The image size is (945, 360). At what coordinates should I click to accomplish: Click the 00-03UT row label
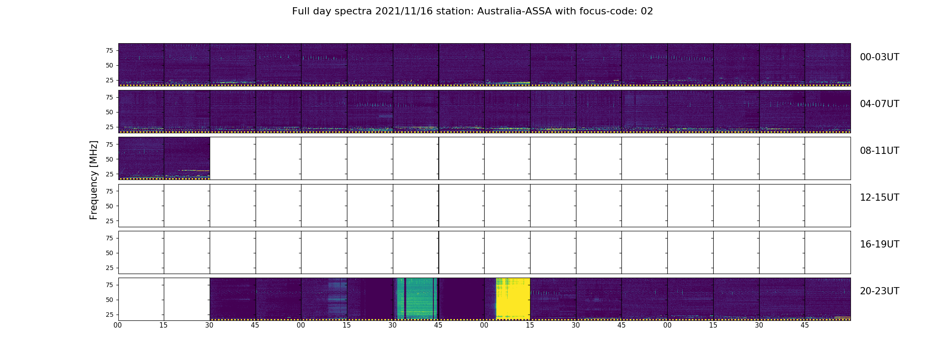pos(879,57)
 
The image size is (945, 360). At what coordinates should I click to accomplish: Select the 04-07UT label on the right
pos(879,104)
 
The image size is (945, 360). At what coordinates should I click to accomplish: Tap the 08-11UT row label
pos(879,151)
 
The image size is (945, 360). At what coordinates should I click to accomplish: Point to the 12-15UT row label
pos(879,198)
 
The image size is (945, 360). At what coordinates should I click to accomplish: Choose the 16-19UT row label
pos(879,244)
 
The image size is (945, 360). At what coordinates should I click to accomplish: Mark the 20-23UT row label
pos(879,291)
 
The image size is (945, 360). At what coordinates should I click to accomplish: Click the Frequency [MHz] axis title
pos(94,180)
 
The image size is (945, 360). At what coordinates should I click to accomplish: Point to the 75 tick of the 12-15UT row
pos(109,191)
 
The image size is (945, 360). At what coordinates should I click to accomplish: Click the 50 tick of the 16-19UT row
pos(109,253)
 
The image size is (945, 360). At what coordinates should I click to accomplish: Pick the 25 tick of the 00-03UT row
pos(109,80)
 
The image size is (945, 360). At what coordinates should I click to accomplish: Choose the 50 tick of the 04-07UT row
pos(109,112)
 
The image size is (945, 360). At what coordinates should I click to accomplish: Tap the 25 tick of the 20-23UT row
pos(109,315)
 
